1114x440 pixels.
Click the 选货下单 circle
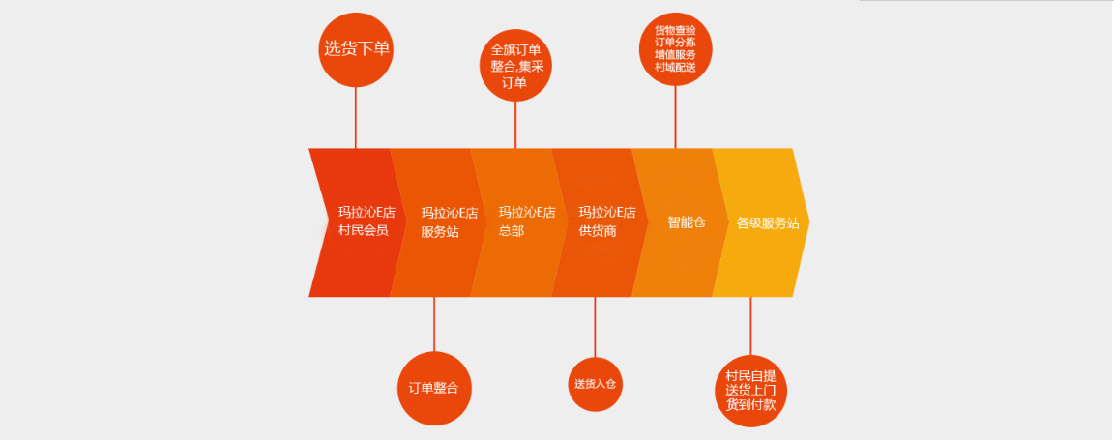click(x=356, y=48)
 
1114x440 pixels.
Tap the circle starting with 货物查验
click(x=676, y=47)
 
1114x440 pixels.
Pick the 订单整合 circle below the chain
click(x=433, y=388)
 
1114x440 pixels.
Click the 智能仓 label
click(x=686, y=221)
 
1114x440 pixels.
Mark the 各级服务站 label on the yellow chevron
click(x=768, y=222)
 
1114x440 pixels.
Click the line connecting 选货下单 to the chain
click(x=356, y=116)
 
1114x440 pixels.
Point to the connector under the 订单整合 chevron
click(x=434, y=324)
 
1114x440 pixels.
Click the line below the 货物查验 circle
click(x=676, y=116)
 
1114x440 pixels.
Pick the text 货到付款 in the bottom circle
click(x=750, y=405)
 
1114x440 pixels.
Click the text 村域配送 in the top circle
click(x=675, y=66)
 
